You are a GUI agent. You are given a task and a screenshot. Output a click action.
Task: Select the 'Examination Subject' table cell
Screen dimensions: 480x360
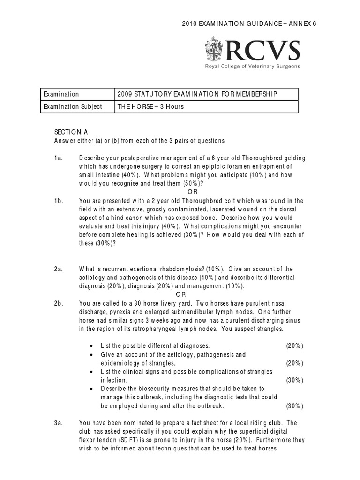pos(73,106)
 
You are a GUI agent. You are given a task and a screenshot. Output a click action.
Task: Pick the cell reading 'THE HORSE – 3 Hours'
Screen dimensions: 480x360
pos(151,106)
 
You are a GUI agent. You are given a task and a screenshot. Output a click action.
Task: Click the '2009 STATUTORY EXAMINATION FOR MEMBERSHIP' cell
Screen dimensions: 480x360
pos(197,94)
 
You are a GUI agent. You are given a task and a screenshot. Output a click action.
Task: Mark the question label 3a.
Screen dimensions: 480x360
pos(59,423)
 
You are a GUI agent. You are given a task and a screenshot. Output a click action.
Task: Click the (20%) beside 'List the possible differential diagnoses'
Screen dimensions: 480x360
pos(294,346)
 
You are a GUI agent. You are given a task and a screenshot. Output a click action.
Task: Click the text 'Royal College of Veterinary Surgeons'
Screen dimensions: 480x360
pos(252,67)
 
